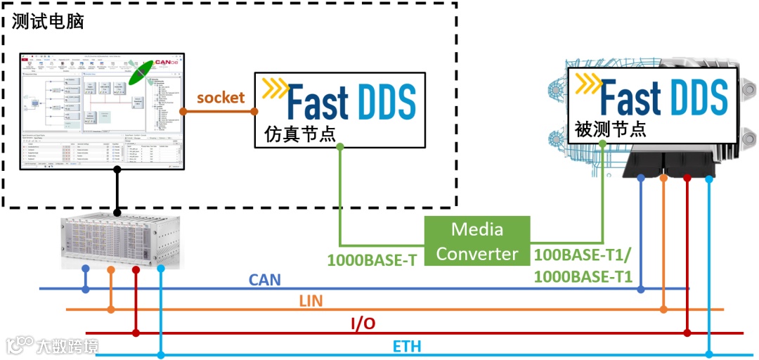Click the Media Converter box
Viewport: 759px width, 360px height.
(477, 241)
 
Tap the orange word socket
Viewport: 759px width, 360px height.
(221, 98)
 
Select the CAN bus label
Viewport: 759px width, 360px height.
(264, 280)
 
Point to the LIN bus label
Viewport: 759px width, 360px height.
(311, 302)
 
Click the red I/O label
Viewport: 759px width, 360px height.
(363, 323)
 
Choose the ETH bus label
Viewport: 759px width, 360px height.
(407, 346)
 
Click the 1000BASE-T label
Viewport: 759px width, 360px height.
(372, 259)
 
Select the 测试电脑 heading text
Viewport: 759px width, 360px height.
(48, 22)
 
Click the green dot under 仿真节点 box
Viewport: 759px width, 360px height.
(340, 147)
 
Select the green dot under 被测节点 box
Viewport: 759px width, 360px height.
(603, 143)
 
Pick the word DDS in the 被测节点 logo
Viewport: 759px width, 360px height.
(690, 97)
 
